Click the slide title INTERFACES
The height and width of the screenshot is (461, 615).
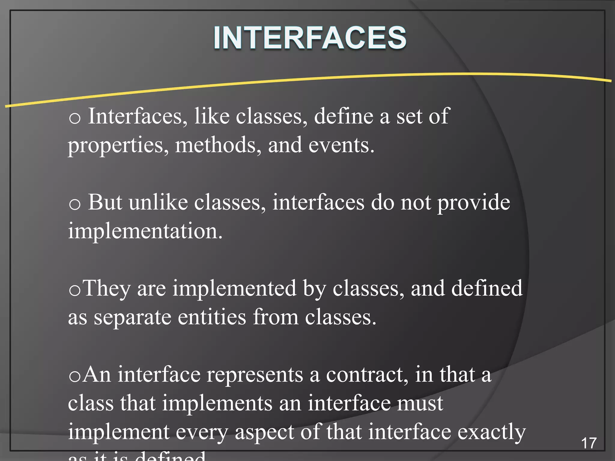[310, 38]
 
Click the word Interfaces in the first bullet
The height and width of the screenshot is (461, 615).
[135, 116]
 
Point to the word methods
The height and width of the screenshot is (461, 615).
[215, 145]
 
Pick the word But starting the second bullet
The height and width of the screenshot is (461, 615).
[105, 202]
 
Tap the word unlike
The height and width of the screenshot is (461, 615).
[158, 202]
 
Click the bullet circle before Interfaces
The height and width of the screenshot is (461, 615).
[74, 118]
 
